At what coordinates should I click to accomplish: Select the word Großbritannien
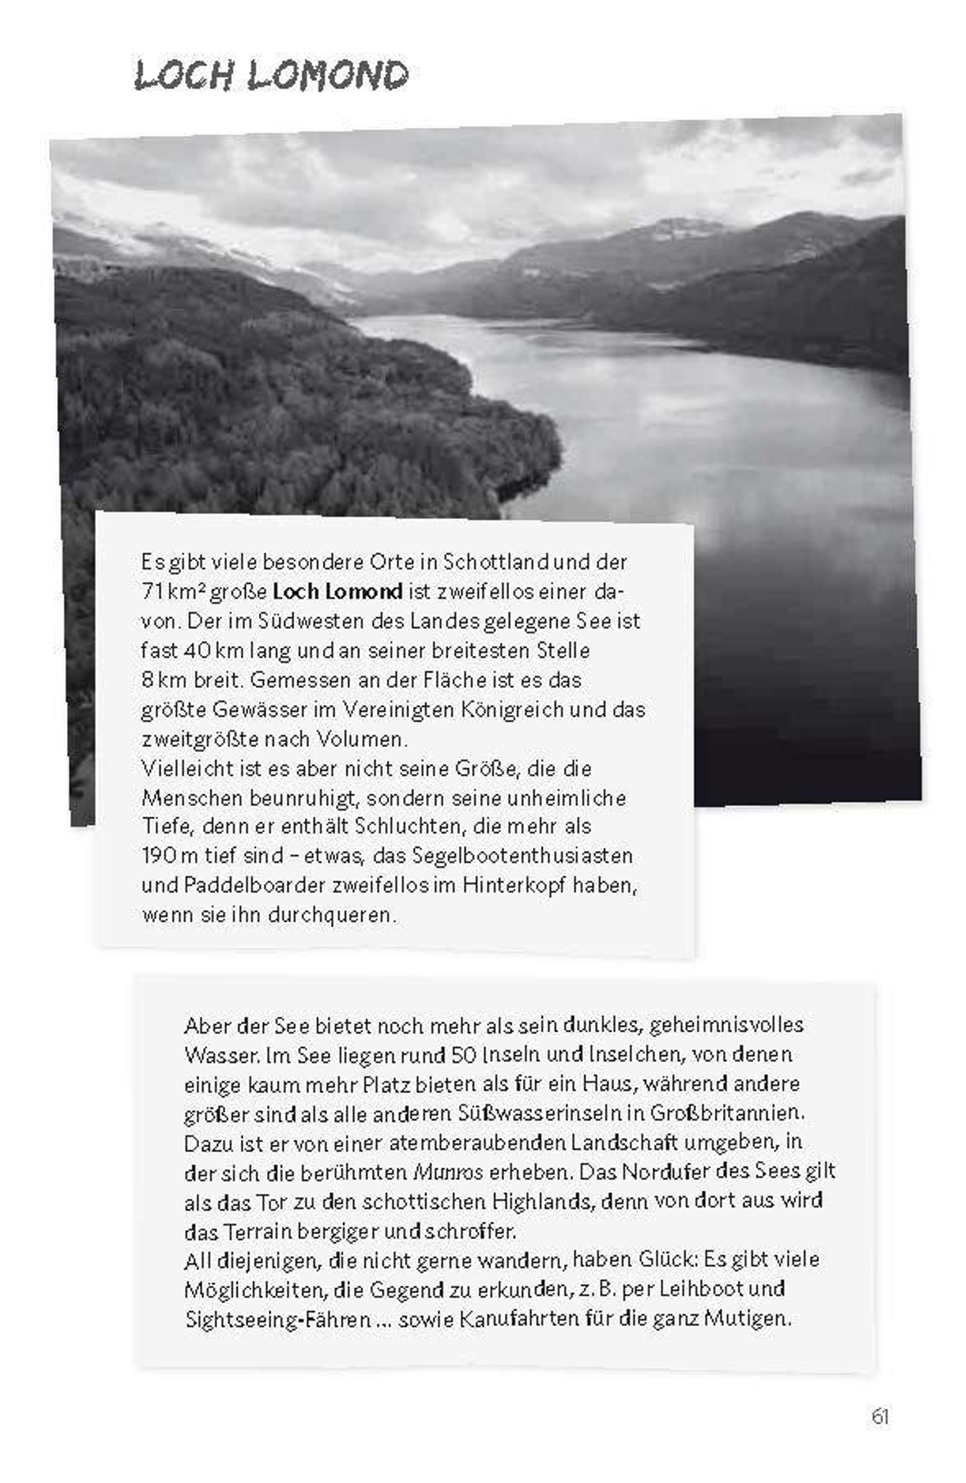pyautogui.click(x=727, y=1113)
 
